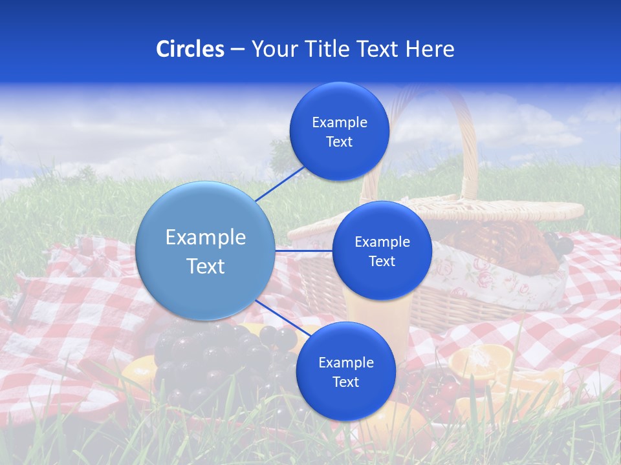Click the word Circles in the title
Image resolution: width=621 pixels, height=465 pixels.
click(190, 49)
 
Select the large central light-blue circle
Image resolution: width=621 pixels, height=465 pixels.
click(206, 251)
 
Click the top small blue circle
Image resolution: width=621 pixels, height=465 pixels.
click(339, 132)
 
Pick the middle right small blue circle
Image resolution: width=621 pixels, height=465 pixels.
click(382, 251)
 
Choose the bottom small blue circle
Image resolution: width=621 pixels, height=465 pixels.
click(345, 372)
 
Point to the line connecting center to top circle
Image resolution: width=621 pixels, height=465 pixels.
click(280, 183)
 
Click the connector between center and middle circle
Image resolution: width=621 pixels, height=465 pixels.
click(303, 251)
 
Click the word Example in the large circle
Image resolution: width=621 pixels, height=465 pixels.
click(206, 238)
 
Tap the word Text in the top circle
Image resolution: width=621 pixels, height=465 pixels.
click(339, 142)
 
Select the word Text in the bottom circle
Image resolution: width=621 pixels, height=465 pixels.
click(345, 382)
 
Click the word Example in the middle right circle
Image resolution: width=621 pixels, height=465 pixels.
click(382, 242)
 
